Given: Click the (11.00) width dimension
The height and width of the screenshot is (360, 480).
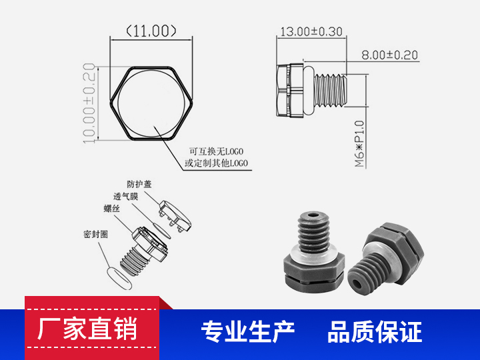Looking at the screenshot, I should pos(151,31).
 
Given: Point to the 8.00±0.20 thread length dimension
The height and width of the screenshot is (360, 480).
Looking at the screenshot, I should pos(389,55).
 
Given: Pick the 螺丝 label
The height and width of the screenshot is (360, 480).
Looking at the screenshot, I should pos(111,209).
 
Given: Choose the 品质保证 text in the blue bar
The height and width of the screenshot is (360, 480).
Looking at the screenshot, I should pos(374,331).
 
